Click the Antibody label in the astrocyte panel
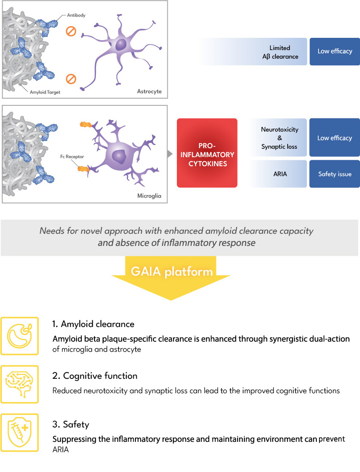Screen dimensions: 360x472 pos(76,15)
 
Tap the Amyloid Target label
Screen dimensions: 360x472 pos(45,92)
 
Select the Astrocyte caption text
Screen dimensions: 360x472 pos(149,91)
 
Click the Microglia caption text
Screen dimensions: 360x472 pos(149,195)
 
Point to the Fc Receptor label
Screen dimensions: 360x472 pos(72,157)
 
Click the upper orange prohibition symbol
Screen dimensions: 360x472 pos(71,31)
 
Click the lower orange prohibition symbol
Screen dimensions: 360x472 pos(71,79)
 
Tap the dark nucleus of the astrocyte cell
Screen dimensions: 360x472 pos(121,45)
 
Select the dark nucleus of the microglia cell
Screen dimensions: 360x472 pos(119,156)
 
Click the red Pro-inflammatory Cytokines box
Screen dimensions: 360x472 pos(207,153)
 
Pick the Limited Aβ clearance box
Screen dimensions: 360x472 pos(252,51)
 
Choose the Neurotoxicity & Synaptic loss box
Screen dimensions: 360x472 pos(277,137)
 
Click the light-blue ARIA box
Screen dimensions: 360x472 pos(277,174)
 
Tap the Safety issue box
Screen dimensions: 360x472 pos(335,174)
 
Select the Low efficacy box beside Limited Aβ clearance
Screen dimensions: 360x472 pos(335,51)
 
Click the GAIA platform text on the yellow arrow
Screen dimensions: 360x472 pos(172,272)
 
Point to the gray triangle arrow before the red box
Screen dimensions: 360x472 pos(170,154)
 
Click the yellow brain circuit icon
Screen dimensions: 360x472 pos(19,385)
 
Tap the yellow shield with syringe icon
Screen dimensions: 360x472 pos(19,433)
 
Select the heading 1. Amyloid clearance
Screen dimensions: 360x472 pos(93,324)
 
